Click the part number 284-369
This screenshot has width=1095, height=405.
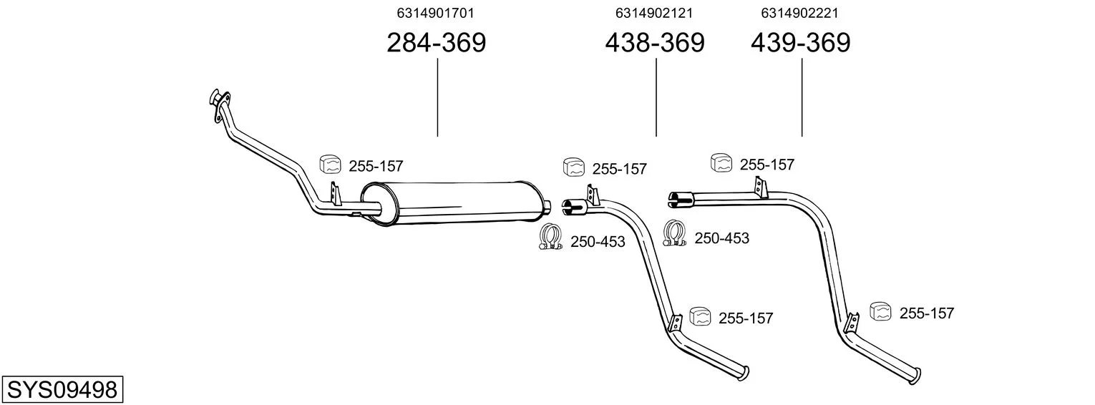point(436,42)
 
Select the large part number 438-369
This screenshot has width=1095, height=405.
point(655,42)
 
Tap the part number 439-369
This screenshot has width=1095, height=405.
point(800,42)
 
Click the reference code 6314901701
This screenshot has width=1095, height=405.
point(435,13)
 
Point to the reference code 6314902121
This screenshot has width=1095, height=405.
point(653,13)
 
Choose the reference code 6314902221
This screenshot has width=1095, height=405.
point(799,13)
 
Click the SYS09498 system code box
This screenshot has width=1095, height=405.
point(62,390)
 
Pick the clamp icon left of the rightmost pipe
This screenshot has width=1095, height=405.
point(675,233)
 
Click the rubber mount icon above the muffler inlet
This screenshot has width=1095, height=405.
point(330,164)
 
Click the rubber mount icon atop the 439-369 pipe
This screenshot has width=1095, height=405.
point(721,162)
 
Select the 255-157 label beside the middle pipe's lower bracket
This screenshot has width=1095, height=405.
point(746,318)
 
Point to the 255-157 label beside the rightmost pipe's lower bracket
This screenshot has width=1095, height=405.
point(927,313)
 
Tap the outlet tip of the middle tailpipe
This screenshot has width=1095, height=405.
point(744,374)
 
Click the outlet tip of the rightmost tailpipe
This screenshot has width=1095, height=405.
point(915,376)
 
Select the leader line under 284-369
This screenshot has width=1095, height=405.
point(437,97)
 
